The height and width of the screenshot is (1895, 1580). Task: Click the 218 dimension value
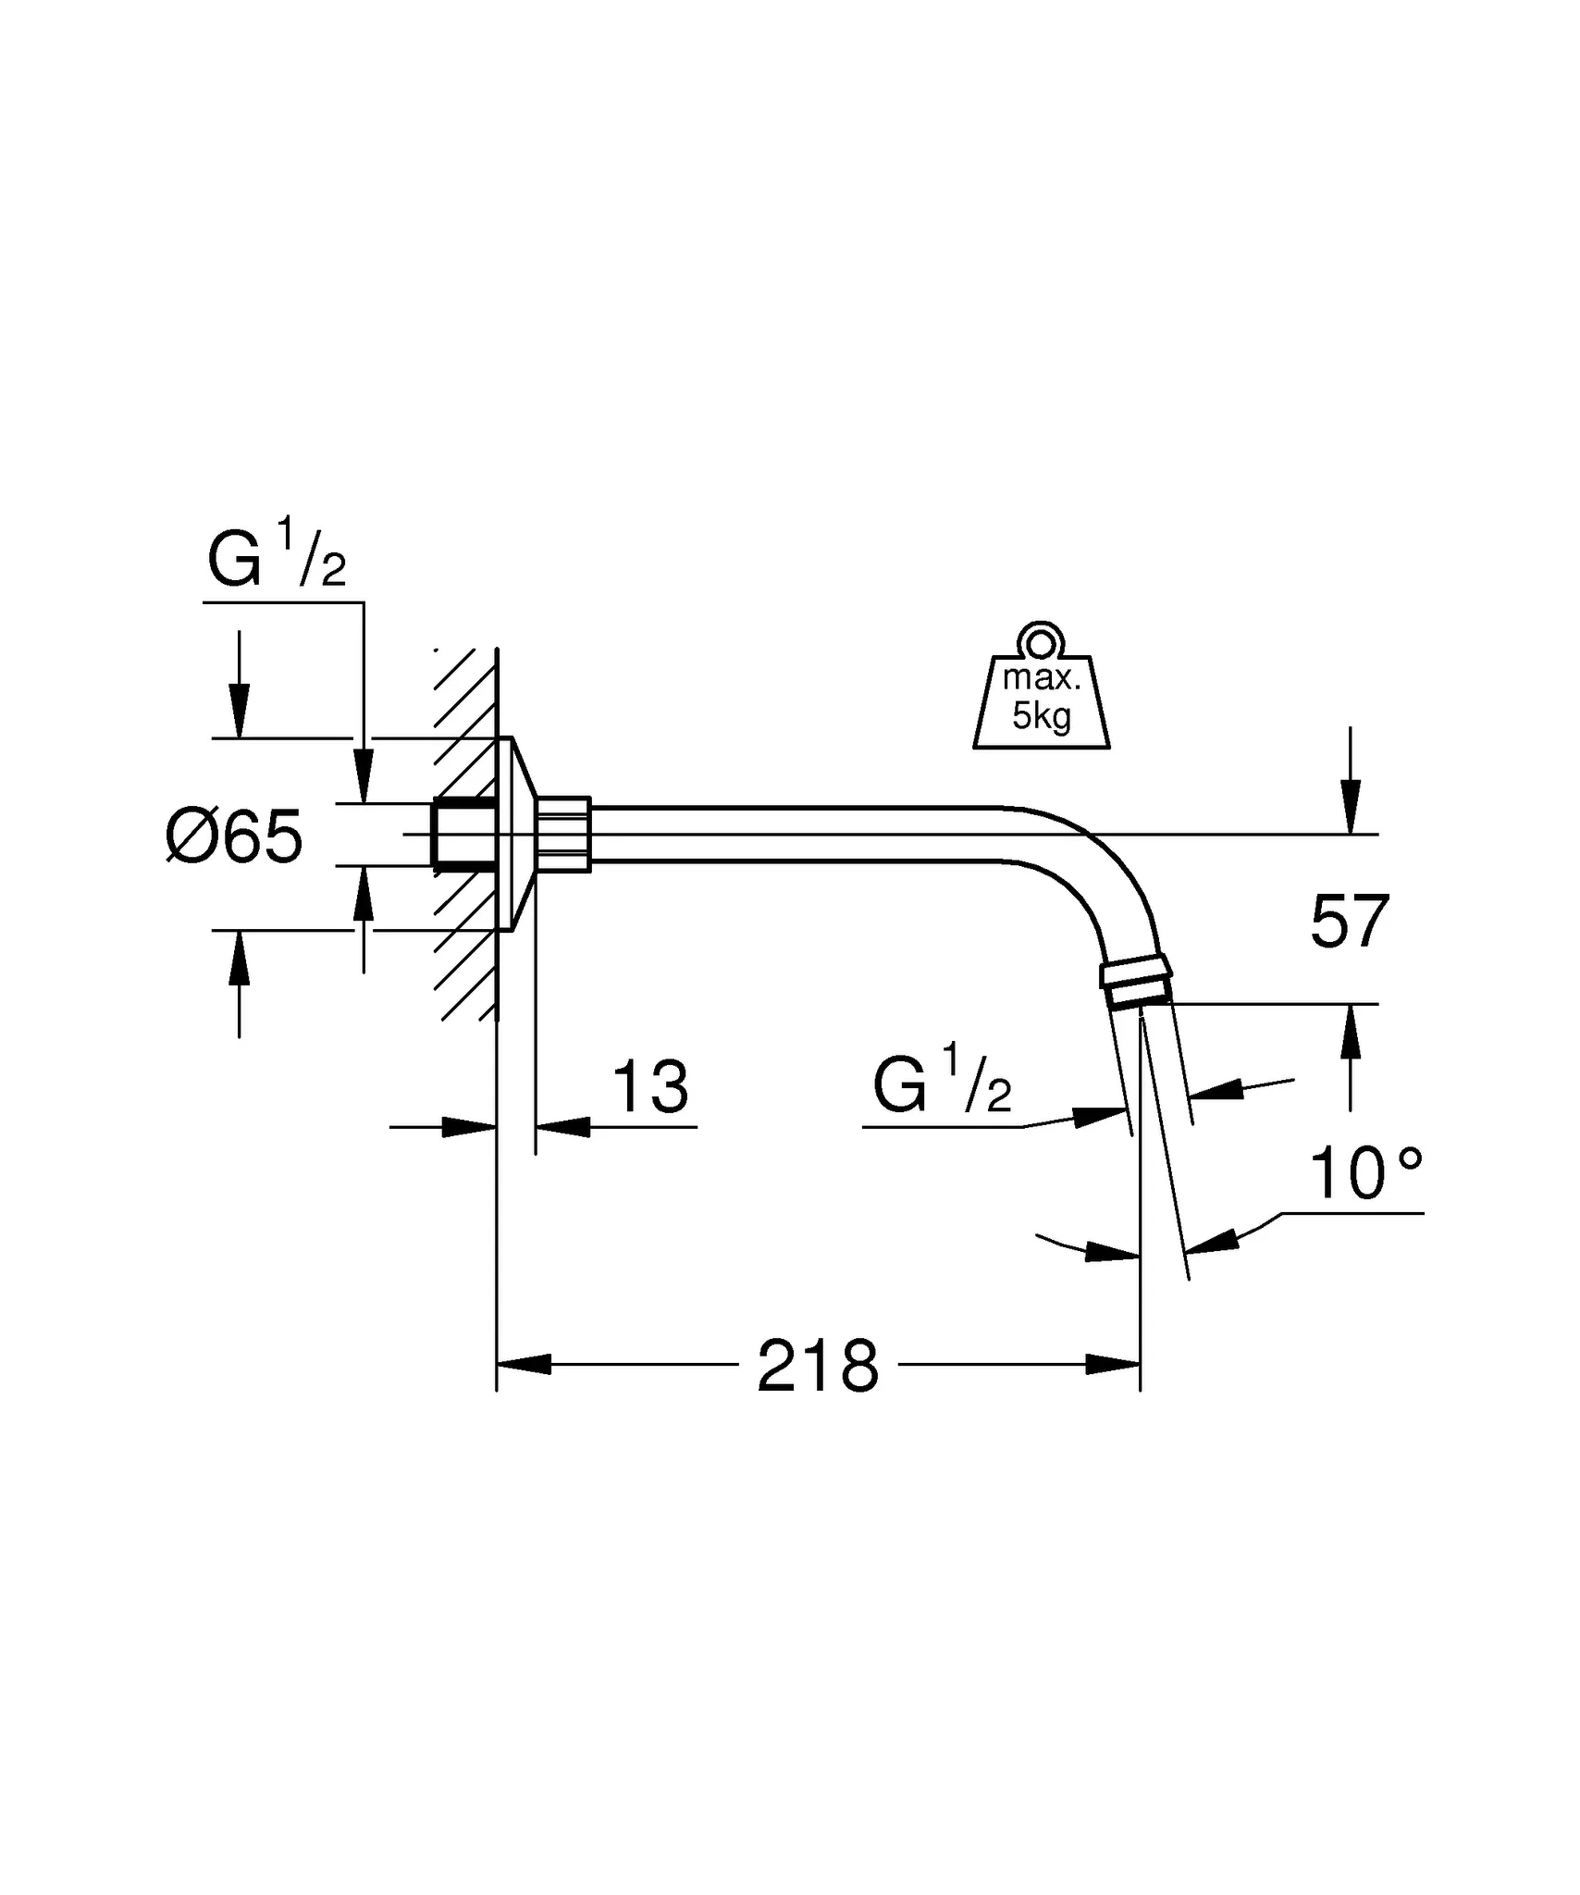point(818,1367)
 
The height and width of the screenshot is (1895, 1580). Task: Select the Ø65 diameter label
point(234,836)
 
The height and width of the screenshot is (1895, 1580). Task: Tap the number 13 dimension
point(650,1087)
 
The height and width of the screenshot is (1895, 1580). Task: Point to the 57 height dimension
point(1350,922)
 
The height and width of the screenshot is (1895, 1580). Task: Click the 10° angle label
point(1365,1174)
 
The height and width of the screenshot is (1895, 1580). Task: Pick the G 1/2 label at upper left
point(277,556)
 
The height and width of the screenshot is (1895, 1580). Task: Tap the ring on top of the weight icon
point(1042,640)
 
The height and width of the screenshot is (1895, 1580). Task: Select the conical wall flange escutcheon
point(521,835)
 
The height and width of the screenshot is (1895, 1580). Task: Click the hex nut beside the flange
point(563,835)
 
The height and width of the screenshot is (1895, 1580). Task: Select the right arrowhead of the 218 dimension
point(1113,1364)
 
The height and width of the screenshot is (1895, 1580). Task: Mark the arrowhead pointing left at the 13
point(562,1127)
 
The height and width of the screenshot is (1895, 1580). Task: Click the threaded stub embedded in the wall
point(463,835)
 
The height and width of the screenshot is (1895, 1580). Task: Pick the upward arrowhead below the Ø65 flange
point(240,958)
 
